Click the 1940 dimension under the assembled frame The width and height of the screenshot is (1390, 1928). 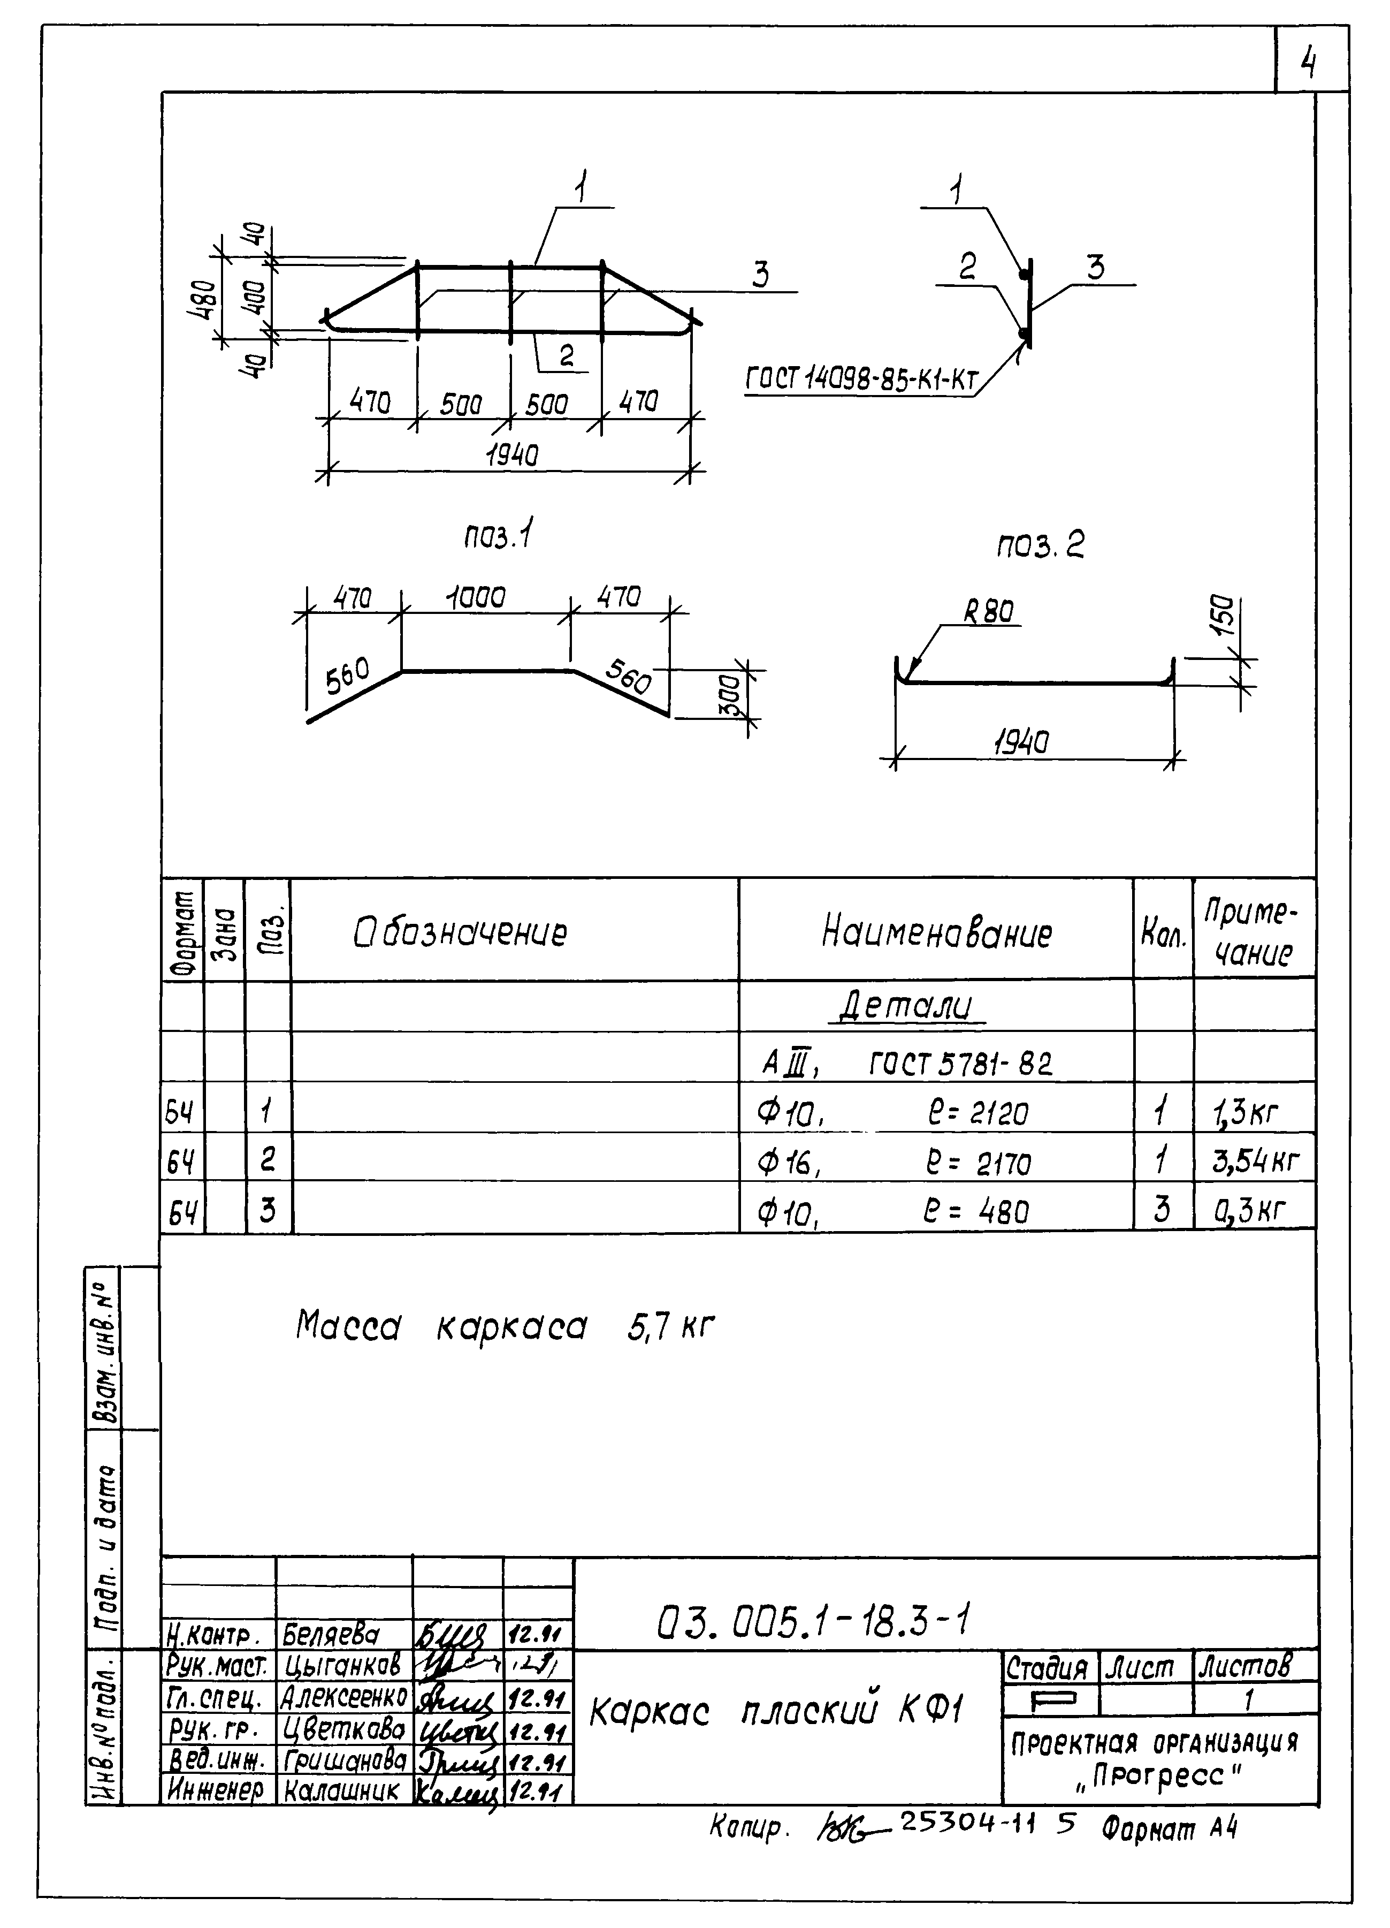coord(513,457)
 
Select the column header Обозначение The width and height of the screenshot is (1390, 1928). coord(460,932)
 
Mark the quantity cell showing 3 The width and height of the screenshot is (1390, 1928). coord(1162,1209)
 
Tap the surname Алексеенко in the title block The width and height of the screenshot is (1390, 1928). coord(344,1698)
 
